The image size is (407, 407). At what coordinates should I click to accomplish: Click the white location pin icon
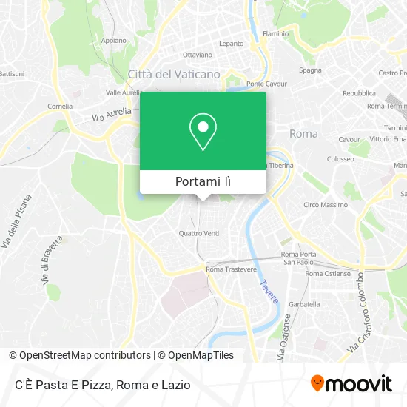pyautogui.click(x=203, y=131)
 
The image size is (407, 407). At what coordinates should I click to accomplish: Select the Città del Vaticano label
pyautogui.click(x=174, y=74)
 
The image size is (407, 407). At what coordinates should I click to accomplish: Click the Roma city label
pyautogui.click(x=303, y=134)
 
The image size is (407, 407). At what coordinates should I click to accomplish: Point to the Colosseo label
pyautogui.click(x=340, y=159)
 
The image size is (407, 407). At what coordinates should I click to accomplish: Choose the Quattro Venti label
pyautogui.click(x=199, y=233)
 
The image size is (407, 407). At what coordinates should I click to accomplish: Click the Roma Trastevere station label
pyautogui.click(x=231, y=269)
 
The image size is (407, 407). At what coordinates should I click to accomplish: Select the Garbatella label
pyautogui.click(x=304, y=304)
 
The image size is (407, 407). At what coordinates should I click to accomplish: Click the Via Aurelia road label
pyautogui.click(x=111, y=114)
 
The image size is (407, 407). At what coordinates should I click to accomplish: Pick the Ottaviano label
pyautogui.click(x=198, y=55)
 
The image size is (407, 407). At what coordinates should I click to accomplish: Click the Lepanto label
pyautogui.click(x=231, y=44)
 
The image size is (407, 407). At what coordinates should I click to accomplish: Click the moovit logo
pyautogui.click(x=351, y=383)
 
